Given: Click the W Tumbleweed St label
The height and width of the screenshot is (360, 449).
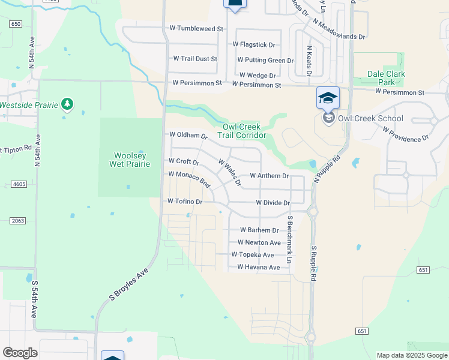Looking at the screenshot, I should point(196,28).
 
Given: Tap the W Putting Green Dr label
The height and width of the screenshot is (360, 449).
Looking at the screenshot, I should point(265,60).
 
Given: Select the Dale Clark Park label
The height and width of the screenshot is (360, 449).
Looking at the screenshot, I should point(386,78).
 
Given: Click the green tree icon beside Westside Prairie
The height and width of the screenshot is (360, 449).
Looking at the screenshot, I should point(68,105).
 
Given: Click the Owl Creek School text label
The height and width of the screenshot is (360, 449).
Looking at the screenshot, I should point(370,118).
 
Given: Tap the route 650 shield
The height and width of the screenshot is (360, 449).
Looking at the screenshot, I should point(16,23).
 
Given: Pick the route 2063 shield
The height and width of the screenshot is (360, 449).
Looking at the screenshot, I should point(17,221).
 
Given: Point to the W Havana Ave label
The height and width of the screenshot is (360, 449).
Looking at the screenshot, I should point(259,267).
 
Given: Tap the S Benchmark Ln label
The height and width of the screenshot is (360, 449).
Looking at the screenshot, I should point(289,240).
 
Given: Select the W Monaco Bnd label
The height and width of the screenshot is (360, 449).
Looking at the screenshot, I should point(189,178).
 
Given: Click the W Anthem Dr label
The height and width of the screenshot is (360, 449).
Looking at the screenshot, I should point(270,176).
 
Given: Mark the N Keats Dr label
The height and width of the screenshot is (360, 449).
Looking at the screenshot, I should point(309,60).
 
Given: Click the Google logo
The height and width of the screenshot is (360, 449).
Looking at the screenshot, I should point(20,353).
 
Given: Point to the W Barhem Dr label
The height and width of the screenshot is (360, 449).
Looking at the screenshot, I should point(260,230).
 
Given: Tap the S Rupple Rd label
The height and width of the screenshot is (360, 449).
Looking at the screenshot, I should point(313,263).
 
